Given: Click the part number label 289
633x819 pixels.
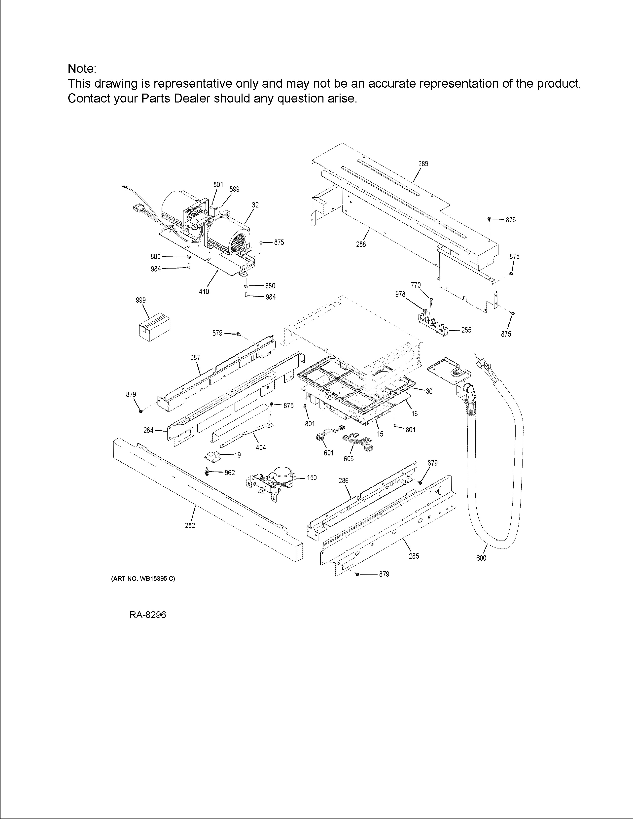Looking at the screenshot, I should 423,164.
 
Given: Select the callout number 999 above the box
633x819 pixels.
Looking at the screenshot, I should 141,300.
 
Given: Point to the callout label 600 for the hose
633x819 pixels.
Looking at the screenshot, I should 481,558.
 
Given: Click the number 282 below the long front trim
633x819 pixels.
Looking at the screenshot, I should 190,525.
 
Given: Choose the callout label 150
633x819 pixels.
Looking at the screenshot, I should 312,478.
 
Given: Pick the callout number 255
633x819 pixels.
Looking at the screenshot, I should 466,330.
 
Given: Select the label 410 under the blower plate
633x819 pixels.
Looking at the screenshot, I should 204,291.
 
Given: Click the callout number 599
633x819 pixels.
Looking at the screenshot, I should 234,189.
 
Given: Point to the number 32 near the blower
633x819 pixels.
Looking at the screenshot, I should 255,205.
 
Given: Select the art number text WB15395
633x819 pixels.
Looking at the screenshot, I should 153,579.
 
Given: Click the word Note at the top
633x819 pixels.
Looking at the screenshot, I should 82,69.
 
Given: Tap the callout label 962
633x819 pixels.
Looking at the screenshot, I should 230,473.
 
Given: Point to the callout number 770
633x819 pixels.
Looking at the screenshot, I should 416,285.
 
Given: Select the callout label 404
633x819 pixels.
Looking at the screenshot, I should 261,447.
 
